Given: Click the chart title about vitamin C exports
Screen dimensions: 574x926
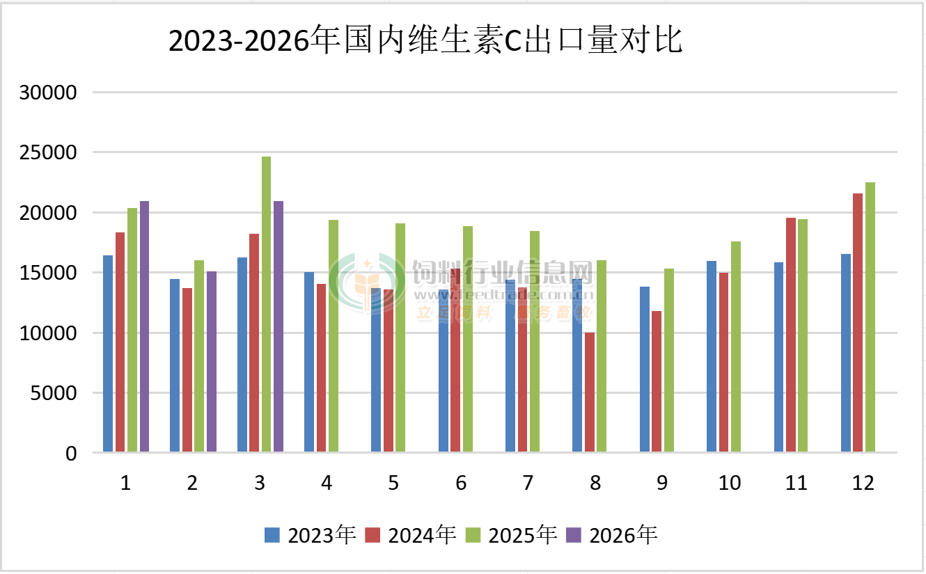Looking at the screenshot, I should (425, 42).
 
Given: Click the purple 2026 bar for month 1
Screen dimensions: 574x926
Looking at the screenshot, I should (144, 327).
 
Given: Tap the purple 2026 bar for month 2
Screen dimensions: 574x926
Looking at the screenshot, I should (212, 362).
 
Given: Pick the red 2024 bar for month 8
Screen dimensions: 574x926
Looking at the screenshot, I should (590, 392).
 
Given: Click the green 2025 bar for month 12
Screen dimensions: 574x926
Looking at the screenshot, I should (870, 317).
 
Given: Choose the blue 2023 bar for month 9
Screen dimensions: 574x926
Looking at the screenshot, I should (645, 369).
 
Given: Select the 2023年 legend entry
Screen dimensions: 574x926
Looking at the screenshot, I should (311, 535).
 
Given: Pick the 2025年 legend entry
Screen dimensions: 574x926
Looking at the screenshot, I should (511, 535).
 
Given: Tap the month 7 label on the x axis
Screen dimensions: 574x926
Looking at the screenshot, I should (528, 483).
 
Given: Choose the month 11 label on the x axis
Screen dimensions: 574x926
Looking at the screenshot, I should (796, 483).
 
